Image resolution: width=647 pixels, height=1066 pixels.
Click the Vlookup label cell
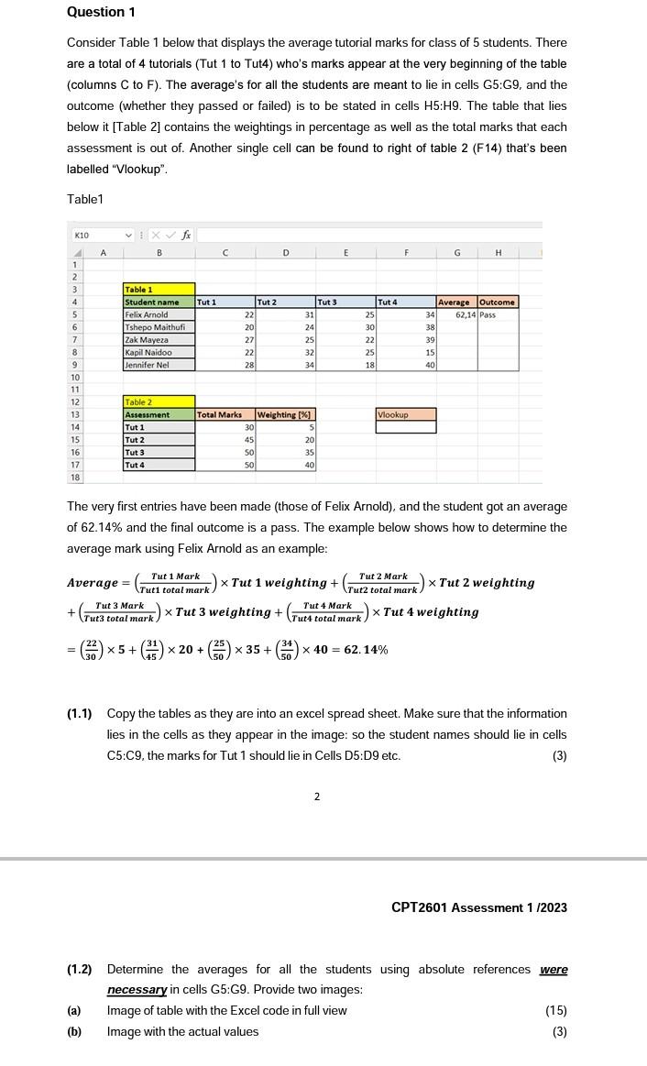[x=405, y=415]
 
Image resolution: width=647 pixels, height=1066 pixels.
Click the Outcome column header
[x=498, y=302]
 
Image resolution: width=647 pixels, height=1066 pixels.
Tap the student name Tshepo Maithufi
[x=159, y=327]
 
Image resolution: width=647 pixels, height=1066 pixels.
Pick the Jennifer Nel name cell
[x=159, y=365]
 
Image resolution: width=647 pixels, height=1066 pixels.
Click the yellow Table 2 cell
[x=159, y=402]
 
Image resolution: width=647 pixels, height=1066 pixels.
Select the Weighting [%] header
[x=284, y=415]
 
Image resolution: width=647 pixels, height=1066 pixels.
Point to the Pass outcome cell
[x=498, y=314]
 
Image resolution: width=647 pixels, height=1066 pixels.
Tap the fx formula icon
[x=186, y=235]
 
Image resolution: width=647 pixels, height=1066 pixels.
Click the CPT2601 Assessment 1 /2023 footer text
[x=478, y=907]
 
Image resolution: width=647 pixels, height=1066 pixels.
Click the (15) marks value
[x=555, y=1011]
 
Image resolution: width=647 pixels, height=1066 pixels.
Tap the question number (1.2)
[x=79, y=969]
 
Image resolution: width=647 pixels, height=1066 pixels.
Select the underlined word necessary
[x=137, y=990]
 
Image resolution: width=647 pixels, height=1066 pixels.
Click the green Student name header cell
[x=159, y=302]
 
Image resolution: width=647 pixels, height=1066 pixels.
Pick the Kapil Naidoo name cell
[x=159, y=352]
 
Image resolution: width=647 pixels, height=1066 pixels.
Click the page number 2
[x=316, y=797]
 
